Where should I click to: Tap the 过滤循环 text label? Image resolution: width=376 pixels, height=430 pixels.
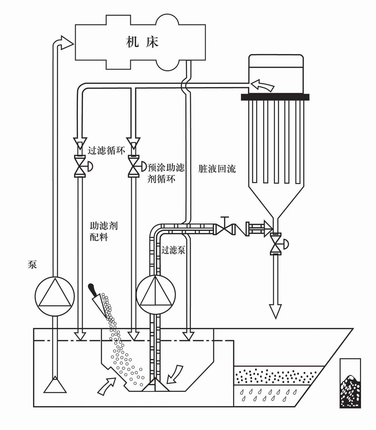coord(107,151)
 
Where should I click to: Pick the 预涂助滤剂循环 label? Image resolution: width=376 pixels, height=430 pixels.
coord(166,173)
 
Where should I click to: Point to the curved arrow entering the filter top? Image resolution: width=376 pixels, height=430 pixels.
coord(262,85)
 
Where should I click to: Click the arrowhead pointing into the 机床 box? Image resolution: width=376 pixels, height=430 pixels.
coord(67,43)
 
